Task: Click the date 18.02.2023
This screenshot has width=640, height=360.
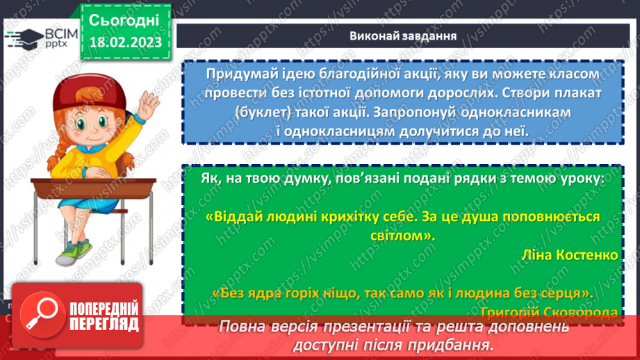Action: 125,41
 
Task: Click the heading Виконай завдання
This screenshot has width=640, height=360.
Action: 403,36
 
